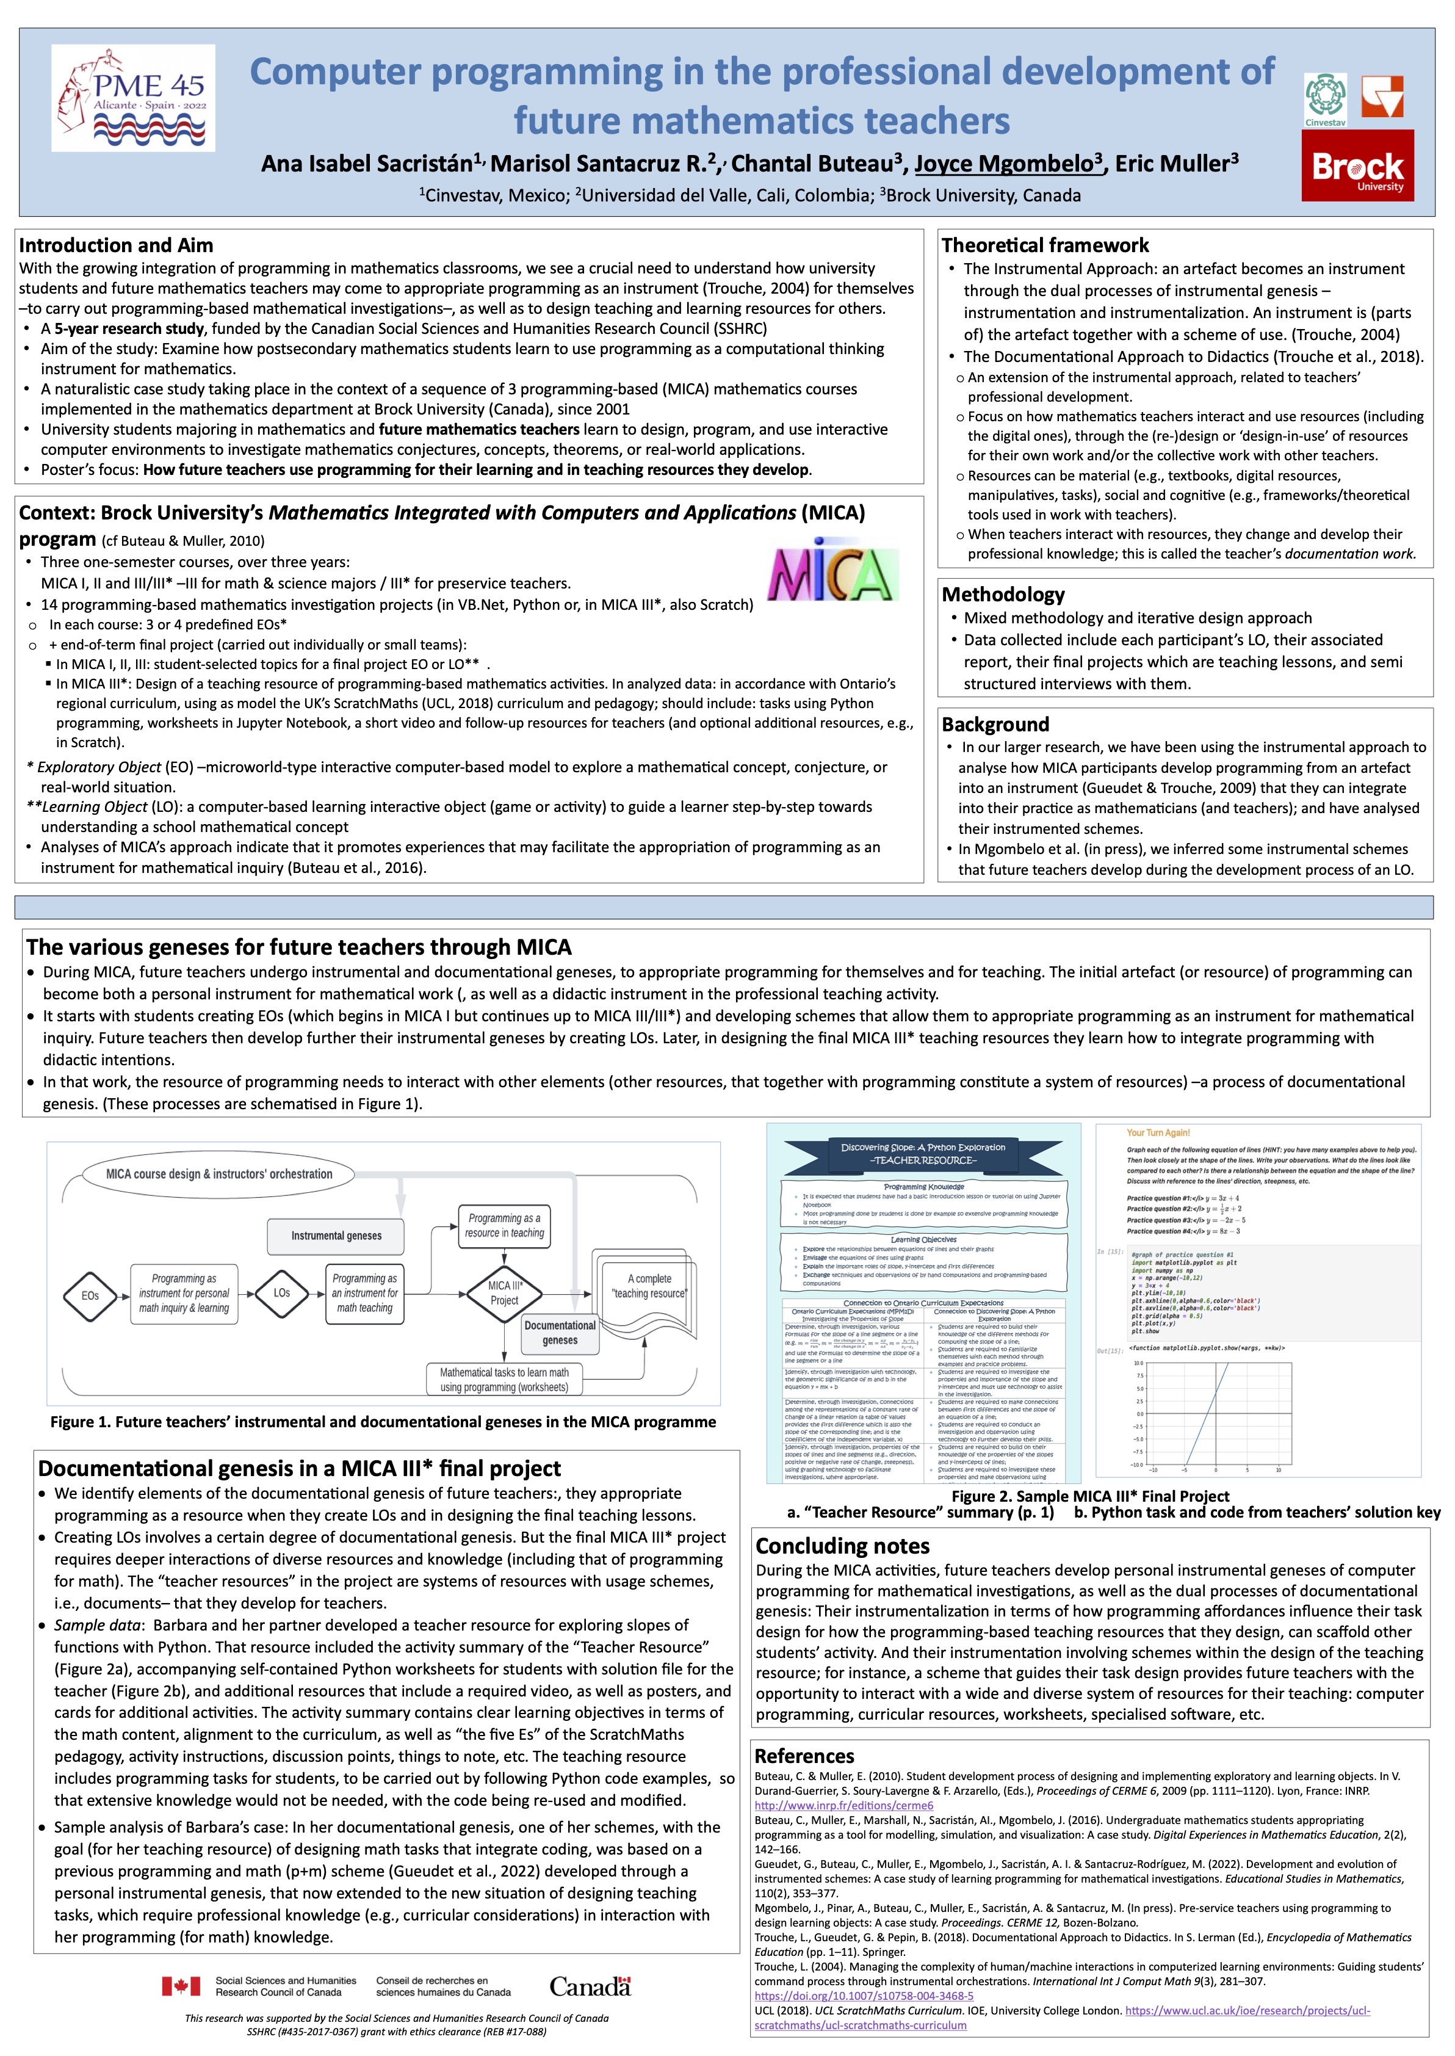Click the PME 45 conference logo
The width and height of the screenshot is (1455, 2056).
click(x=132, y=98)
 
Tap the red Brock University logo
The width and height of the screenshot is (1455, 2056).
click(x=1357, y=165)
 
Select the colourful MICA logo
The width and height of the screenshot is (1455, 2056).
click(x=833, y=570)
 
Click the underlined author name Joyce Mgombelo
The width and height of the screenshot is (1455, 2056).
click(x=1008, y=164)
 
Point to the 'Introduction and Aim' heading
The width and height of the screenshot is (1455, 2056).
click(x=117, y=245)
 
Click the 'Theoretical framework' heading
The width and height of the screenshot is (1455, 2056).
click(x=1045, y=245)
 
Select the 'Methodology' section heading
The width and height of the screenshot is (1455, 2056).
click(x=1003, y=595)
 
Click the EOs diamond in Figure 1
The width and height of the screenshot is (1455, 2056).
click(x=90, y=1295)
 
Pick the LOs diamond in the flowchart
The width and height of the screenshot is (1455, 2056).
click(x=281, y=1293)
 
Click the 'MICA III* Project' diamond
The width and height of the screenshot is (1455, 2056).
click(x=504, y=1293)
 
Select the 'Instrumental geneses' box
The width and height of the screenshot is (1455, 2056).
click(x=336, y=1236)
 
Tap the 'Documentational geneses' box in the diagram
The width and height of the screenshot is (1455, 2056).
click(x=560, y=1333)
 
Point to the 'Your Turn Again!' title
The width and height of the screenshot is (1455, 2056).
click(x=1158, y=1133)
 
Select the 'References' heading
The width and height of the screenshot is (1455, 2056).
click(x=804, y=1756)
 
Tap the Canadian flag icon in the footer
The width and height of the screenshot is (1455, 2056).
click(x=181, y=1986)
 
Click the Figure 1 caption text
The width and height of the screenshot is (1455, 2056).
click(x=383, y=1422)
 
